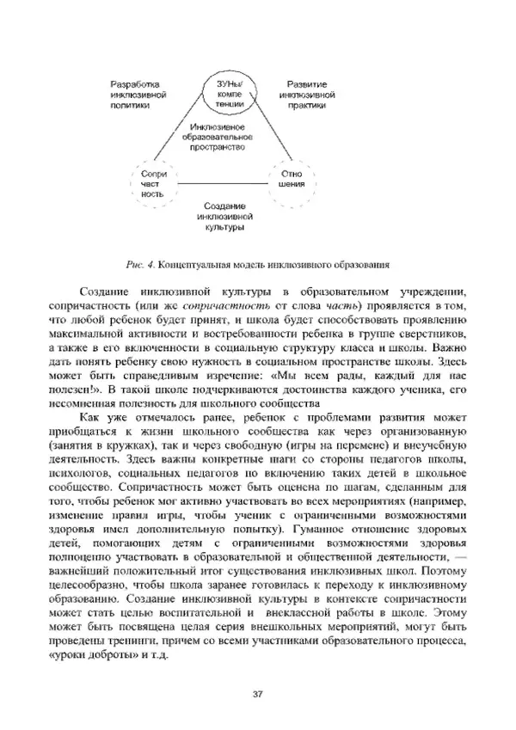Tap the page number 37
coord(257,694)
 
